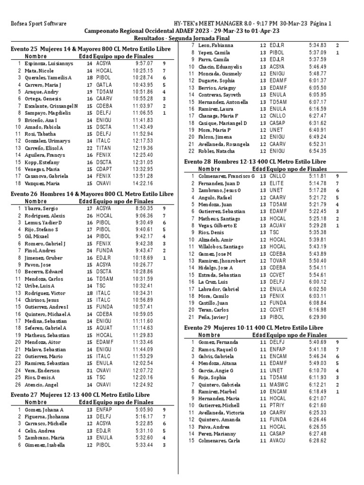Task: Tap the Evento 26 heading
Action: pos(92,194)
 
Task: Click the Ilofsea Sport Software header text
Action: pos(38,23)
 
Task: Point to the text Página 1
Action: pos(320,23)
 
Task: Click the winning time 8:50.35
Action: pos(144,208)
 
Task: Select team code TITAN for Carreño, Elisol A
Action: pos(103,148)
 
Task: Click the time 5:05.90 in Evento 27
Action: pos(144,410)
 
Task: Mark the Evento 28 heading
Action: pos(262,162)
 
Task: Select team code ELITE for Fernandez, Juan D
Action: pos(277,183)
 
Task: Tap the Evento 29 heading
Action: pos(254,328)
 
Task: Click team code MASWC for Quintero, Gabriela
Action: pos(279,385)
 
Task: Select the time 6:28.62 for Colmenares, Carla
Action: pos(318,440)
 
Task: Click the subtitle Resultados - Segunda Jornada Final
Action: pos(182,38)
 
